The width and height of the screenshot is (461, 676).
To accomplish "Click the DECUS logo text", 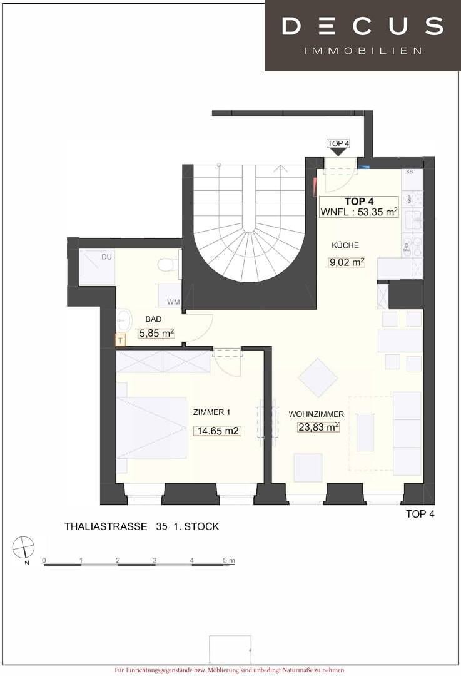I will pyautogui.click(x=363, y=26).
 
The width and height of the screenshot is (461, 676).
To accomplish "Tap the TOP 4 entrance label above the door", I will pyautogui.click(x=338, y=143).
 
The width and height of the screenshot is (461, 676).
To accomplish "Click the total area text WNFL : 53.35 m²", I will pyautogui.click(x=359, y=212).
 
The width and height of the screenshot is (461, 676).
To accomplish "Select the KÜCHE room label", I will pyautogui.click(x=345, y=245).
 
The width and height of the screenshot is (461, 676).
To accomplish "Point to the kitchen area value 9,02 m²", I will pyautogui.click(x=347, y=262).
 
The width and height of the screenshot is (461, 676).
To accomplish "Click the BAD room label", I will pyautogui.click(x=153, y=319).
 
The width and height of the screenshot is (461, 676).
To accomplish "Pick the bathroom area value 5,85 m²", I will pyautogui.click(x=156, y=334).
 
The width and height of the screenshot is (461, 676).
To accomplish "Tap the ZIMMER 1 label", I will pyautogui.click(x=212, y=412).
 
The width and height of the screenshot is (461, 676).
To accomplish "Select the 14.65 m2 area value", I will pyautogui.click(x=218, y=431).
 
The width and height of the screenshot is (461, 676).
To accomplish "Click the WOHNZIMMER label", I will pyautogui.click(x=317, y=414).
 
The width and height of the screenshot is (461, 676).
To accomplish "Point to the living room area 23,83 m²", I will pyautogui.click(x=318, y=427).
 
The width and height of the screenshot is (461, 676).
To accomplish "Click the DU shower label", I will pyautogui.click(x=108, y=257).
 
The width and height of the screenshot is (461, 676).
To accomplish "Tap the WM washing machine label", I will pyautogui.click(x=173, y=302).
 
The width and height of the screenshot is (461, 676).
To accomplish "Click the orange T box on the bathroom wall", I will pyautogui.click(x=121, y=340).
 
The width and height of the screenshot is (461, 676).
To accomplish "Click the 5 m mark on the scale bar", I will pyautogui.click(x=226, y=560).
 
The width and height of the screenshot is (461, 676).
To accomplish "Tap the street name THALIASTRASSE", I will pyautogui.click(x=106, y=526).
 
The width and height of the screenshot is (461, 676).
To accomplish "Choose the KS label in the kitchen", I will pyautogui.click(x=410, y=172).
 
